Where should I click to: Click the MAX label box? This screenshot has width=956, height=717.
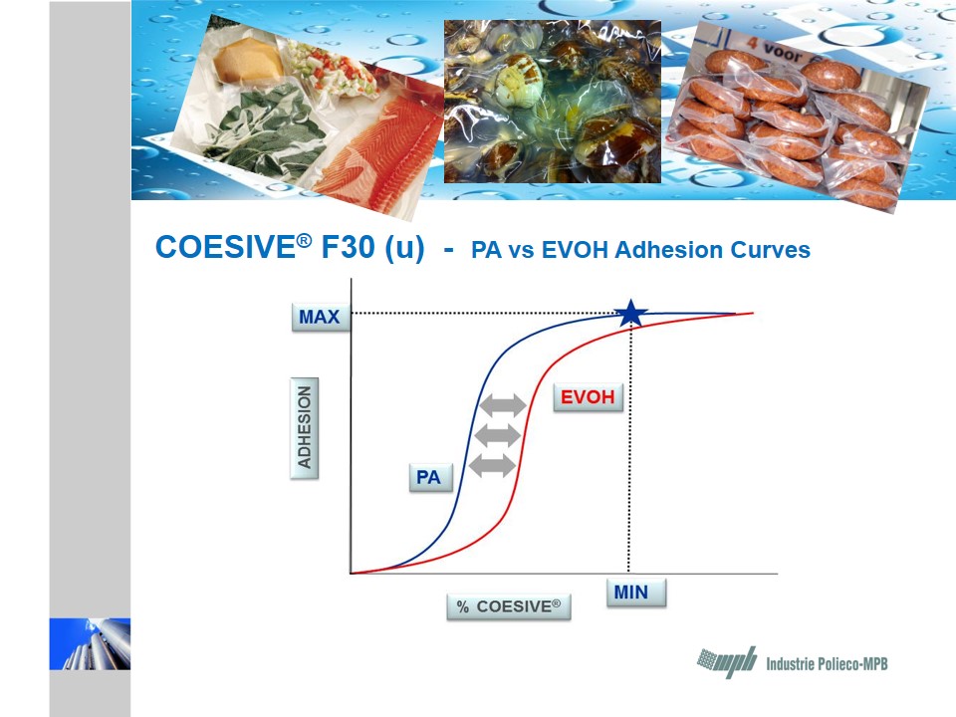(x=321, y=317)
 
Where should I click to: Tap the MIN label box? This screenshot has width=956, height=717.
(x=636, y=592)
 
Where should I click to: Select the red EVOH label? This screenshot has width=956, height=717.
(x=588, y=397)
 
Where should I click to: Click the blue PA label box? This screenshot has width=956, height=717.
(x=430, y=477)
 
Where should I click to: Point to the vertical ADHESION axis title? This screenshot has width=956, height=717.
(x=304, y=428)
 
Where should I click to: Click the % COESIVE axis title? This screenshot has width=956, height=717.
(x=509, y=606)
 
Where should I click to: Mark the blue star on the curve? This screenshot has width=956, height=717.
(x=630, y=314)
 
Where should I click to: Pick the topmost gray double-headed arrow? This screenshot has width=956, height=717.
(x=503, y=405)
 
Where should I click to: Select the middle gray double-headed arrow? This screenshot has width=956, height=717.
(x=498, y=436)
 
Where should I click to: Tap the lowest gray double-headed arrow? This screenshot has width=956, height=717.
(x=493, y=466)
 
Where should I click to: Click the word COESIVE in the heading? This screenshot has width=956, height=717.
(x=226, y=248)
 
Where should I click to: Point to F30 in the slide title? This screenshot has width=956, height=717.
(x=349, y=248)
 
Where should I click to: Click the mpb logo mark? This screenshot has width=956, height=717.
(x=727, y=662)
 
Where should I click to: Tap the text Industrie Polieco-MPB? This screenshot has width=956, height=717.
(x=827, y=664)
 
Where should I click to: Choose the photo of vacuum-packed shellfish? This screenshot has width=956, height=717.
(x=553, y=102)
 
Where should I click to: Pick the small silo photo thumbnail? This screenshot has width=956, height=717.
(x=90, y=644)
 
